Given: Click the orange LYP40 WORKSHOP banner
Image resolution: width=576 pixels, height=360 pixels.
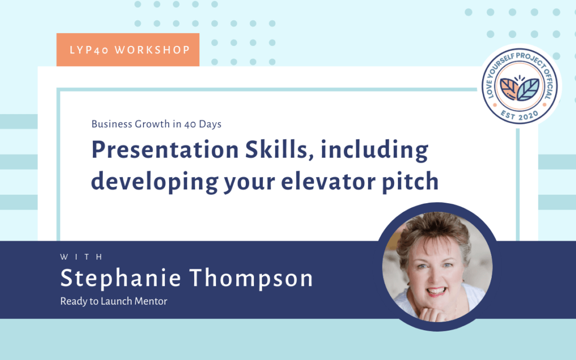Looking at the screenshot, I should coord(128,50).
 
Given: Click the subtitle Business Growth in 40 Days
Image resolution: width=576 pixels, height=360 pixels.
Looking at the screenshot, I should coord(156,124).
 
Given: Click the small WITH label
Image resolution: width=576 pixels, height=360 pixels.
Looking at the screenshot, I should coord(82,257).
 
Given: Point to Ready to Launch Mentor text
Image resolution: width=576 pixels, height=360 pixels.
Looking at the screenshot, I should coord(114,301).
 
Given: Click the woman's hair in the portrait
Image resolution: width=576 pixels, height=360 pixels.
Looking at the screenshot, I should coord(432,235).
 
